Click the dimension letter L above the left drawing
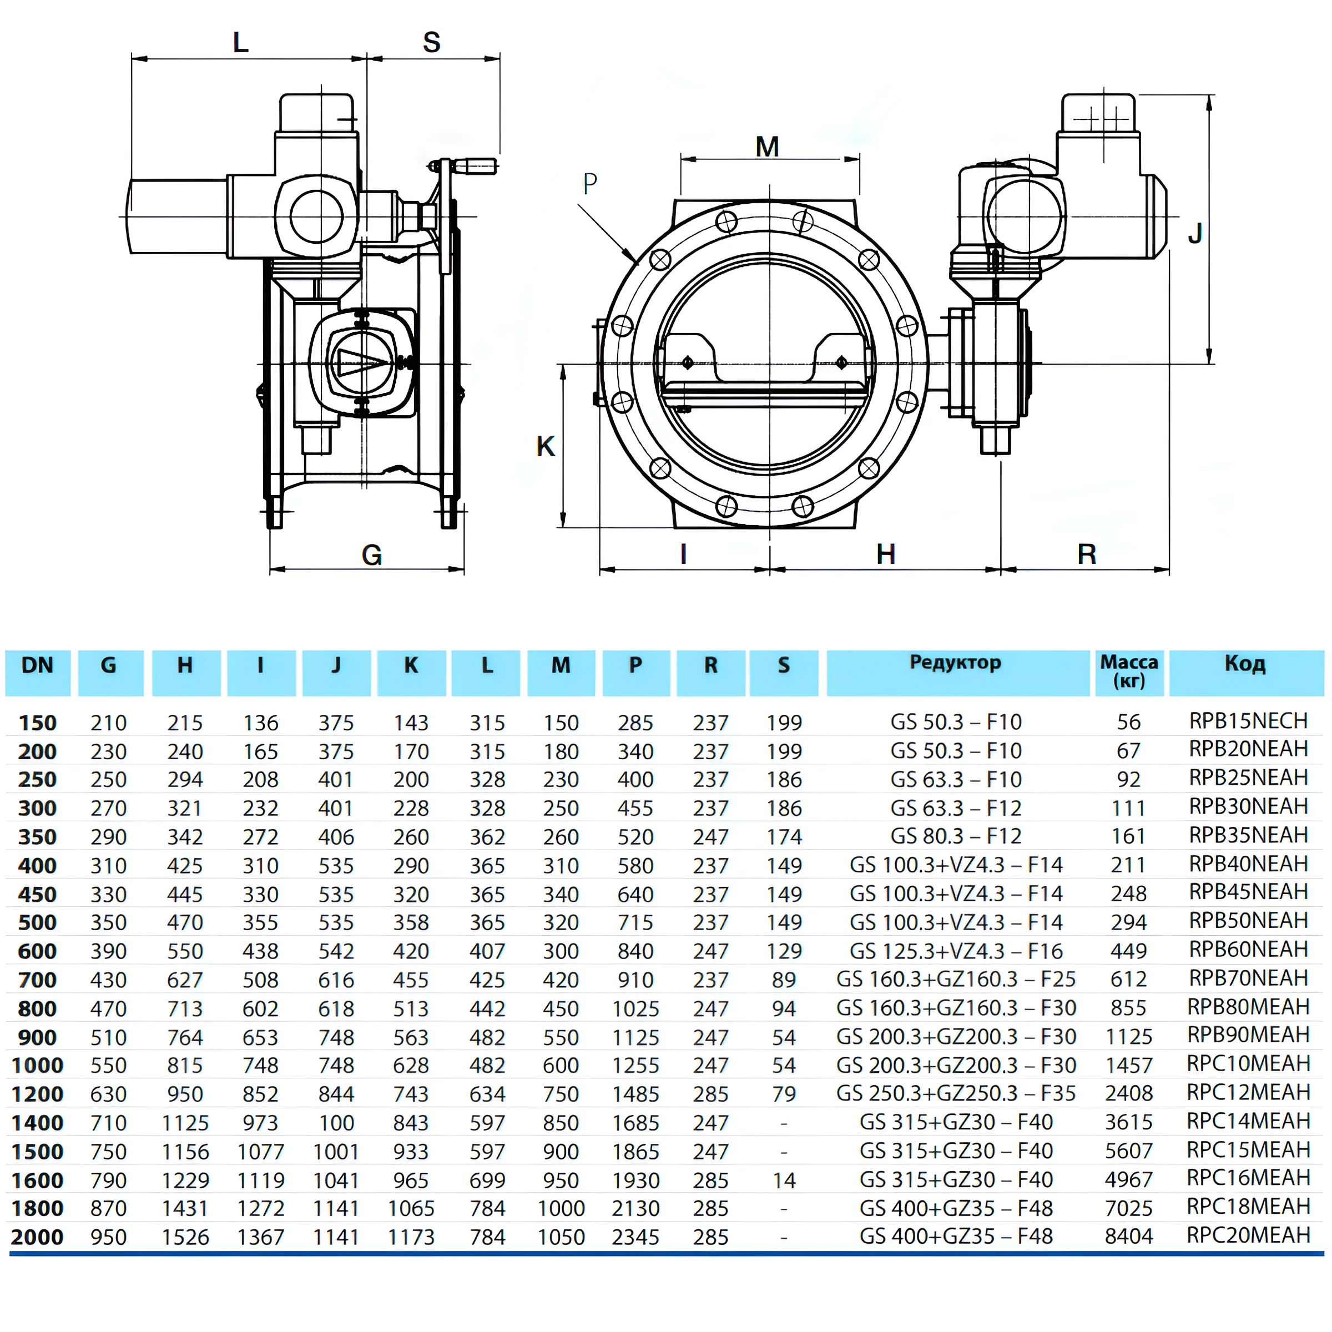tap(240, 43)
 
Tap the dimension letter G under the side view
tap(372, 555)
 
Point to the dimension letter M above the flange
tap(768, 147)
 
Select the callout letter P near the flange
tap(589, 183)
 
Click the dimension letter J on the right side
tap(1195, 234)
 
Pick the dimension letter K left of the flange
tap(546, 447)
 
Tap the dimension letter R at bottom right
tap(1087, 554)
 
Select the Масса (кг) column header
tap(1129, 672)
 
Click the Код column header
tap(1245, 664)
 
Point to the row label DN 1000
tap(38, 1066)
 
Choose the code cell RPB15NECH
tap(1248, 720)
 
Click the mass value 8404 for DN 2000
tap(1129, 1237)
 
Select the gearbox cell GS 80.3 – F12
tap(956, 836)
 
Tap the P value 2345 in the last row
tap(635, 1238)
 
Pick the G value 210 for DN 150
tap(108, 723)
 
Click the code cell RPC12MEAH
tap(1248, 1093)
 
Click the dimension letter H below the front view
tap(885, 554)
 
